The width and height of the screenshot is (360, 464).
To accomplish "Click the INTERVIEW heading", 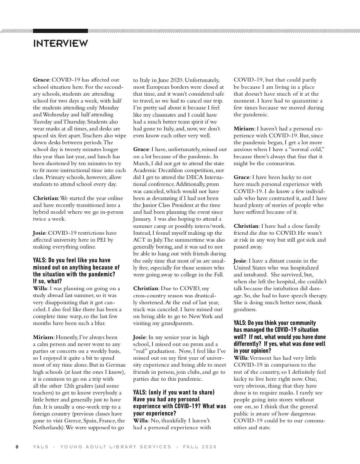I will [60, 43].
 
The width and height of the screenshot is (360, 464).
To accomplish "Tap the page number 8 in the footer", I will [17, 447].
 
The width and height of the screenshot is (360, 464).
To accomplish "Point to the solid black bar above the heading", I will [60, 31].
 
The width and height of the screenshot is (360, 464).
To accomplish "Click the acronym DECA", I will [191, 177].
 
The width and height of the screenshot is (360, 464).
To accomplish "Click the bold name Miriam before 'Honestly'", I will [43, 337].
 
